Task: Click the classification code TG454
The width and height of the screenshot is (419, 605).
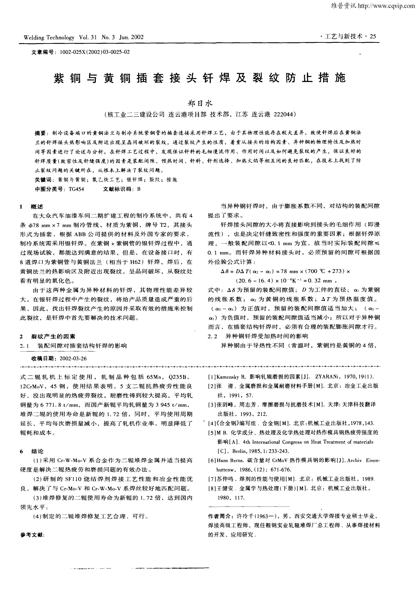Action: click(76, 189)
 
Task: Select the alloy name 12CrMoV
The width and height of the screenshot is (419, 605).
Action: click(31, 386)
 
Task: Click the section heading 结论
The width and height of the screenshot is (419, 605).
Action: click(37, 451)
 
